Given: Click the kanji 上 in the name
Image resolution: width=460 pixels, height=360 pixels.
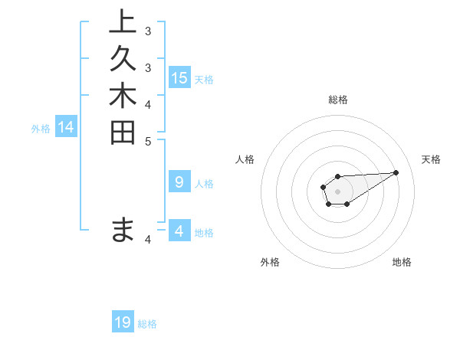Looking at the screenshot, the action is (x=123, y=22).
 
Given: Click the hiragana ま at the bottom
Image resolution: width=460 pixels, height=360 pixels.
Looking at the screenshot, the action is (x=123, y=230).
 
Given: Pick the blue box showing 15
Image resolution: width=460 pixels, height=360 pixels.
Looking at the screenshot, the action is (x=179, y=78).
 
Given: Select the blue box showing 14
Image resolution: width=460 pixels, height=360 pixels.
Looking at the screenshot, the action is (x=66, y=128).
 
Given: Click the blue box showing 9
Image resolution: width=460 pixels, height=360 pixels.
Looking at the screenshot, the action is (x=179, y=182).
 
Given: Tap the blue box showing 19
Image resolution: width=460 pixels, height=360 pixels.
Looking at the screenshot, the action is (x=123, y=322).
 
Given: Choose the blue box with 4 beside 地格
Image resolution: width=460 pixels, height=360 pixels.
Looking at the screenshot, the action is (x=179, y=231).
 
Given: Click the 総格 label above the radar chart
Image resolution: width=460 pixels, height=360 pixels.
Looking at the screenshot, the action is (x=337, y=100).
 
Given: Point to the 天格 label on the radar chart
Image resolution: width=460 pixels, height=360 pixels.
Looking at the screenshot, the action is (x=431, y=159).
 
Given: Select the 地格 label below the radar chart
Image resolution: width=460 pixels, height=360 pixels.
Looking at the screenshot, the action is (x=402, y=262).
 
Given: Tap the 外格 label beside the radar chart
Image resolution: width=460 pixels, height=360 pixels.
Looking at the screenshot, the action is (x=270, y=262).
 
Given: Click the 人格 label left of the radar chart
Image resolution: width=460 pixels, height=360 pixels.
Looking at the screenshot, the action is (x=245, y=159).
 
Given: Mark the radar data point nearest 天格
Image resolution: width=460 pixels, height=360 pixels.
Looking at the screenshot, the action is (x=396, y=172).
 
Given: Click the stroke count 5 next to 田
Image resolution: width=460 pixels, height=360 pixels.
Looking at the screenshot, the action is (x=147, y=141).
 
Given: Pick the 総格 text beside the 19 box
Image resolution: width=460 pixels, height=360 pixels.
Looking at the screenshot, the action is (x=147, y=324).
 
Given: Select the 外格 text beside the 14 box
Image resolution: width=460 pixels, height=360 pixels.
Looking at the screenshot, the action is (x=41, y=129).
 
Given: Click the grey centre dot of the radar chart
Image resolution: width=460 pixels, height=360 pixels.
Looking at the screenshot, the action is (x=337, y=191).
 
